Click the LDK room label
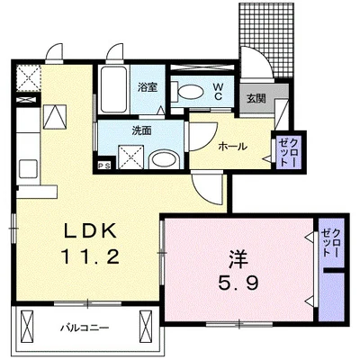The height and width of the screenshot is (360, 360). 91,231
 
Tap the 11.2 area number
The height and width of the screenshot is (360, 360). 90,256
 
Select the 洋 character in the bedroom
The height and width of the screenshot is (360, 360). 239,259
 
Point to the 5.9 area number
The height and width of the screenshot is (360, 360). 238,283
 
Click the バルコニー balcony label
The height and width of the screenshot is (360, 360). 85,328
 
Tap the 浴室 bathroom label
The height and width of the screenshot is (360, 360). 148,87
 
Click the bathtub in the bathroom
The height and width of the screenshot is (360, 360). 113,89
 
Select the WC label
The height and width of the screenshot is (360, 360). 218,91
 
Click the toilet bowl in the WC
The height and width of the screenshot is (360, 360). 186,92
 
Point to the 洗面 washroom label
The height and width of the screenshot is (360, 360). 141,130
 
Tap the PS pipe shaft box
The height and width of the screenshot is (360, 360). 104,166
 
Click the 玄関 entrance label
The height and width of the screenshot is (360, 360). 256,99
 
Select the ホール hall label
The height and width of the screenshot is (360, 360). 233,147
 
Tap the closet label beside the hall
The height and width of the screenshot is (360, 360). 289,152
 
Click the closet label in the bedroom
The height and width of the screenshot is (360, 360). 331,242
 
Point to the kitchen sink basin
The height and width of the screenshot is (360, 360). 29,168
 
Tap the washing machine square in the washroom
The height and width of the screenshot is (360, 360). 131,157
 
